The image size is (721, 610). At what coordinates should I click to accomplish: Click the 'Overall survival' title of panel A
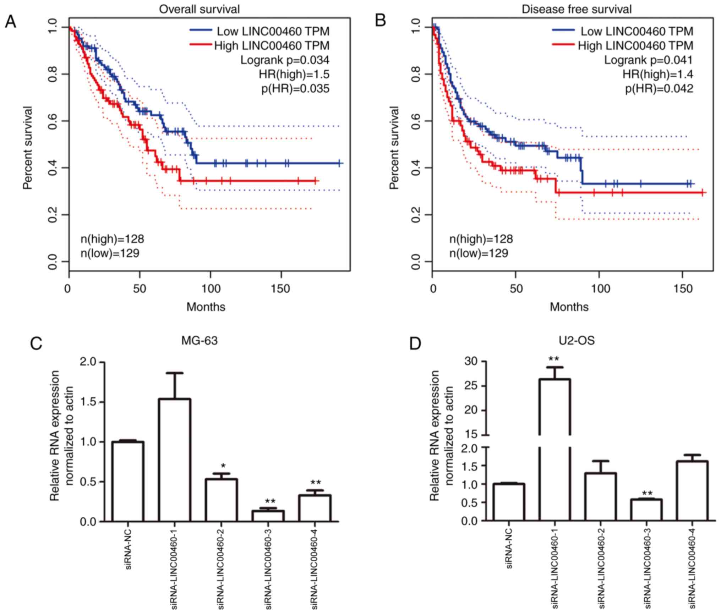click(x=199, y=9)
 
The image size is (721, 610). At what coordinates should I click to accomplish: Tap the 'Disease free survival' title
click(x=577, y=9)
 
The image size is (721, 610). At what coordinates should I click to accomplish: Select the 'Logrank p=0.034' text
click(x=285, y=60)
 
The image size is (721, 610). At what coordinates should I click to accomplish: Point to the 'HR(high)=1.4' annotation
click(x=657, y=74)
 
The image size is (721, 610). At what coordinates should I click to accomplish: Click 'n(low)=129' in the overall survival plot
click(x=110, y=253)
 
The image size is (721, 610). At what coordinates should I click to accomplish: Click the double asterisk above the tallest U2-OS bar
click(x=553, y=359)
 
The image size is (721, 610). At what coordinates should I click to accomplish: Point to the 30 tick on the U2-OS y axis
click(x=472, y=362)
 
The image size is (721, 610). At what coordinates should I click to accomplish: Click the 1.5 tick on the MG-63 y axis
click(x=88, y=402)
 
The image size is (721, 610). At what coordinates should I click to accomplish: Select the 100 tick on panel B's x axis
click(x=600, y=288)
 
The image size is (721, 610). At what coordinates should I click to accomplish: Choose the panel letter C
click(x=36, y=344)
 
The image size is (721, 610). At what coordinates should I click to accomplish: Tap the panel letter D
click(x=415, y=344)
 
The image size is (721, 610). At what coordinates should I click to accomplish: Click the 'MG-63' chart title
click(x=200, y=341)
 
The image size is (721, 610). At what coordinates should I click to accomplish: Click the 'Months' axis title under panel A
click(x=206, y=307)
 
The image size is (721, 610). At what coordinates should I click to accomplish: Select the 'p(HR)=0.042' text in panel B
click(x=659, y=88)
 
